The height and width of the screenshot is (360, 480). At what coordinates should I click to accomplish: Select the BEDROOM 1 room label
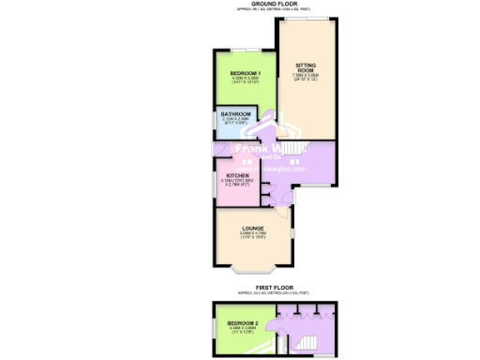click(246, 72)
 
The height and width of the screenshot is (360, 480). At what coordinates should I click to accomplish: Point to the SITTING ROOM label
click(307, 67)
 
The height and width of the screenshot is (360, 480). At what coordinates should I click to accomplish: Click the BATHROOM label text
click(235, 114)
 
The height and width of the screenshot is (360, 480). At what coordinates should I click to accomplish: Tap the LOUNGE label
click(251, 228)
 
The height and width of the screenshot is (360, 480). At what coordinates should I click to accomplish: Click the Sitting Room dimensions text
click(307, 78)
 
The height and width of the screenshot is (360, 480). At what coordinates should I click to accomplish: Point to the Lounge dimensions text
click(251, 235)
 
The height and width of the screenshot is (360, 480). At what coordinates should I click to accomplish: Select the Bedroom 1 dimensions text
click(246, 81)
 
